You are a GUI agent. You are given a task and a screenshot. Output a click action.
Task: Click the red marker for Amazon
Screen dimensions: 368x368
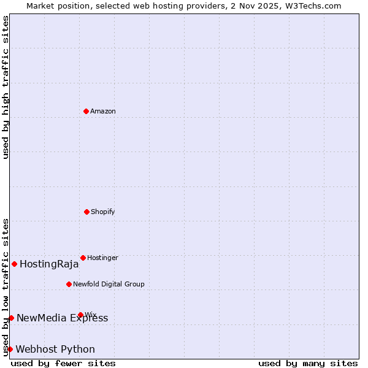click(x=86, y=111)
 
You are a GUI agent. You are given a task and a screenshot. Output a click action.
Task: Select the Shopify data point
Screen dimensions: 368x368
click(x=86, y=212)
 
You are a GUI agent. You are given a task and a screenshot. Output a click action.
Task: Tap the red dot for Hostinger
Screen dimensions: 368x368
click(x=83, y=258)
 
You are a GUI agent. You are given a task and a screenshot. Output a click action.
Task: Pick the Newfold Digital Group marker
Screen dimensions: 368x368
click(x=69, y=284)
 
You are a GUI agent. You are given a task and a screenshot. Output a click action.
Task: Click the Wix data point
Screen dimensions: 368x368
click(x=80, y=315)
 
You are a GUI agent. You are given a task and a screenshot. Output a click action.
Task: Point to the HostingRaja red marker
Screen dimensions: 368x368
click(x=14, y=264)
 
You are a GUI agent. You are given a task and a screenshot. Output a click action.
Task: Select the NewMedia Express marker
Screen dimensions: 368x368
click(x=11, y=318)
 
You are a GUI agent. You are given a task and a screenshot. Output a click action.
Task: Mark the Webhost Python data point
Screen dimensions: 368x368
click(x=10, y=349)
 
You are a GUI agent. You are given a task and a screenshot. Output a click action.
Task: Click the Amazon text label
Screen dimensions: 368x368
click(x=103, y=111)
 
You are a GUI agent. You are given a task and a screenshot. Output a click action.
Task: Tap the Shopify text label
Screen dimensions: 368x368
click(x=103, y=212)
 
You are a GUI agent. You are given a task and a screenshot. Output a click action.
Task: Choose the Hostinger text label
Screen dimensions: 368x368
click(x=102, y=258)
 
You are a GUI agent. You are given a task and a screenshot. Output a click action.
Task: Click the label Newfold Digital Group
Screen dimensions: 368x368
click(x=109, y=284)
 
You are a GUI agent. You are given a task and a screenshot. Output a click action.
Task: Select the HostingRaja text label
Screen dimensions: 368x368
click(x=49, y=264)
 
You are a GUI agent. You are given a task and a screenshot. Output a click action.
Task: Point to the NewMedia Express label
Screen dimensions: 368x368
click(x=62, y=318)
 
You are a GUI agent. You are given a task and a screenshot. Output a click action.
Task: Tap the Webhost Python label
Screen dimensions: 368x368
click(x=55, y=349)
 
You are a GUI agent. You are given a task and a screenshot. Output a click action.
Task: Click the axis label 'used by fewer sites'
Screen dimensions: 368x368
click(x=63, y=363)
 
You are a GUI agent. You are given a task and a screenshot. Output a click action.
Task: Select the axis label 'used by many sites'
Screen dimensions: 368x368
click(x=308, y=363)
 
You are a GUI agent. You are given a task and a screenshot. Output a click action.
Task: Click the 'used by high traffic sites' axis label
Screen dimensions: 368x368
click(x=6, y=87)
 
